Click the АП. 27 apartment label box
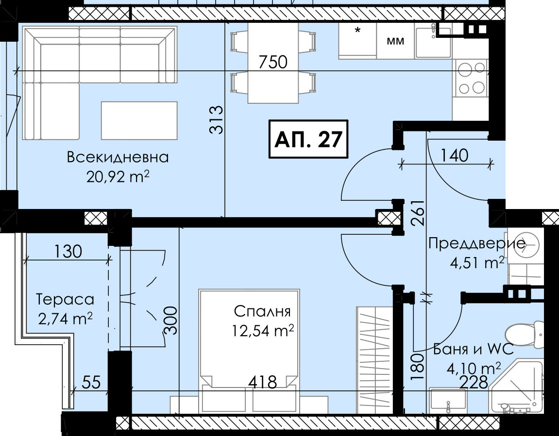[x=308, y=139]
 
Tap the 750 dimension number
[x=273, y=62]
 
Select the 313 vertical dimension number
[x=217, y=120]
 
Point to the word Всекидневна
[x=118, y=157]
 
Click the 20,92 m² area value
[x=118, y=177]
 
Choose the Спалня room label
[x=262, y=311]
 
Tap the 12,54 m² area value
[x=263, y=331]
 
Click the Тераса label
[x=65, y=299]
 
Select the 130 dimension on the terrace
[x=68, y=251]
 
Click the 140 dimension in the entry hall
[x=455, y=156]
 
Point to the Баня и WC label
[x=474, y=349]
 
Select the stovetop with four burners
[x=471, y=78]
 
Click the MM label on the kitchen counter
[x=396, y=41]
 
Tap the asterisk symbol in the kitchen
[x=357, y=30]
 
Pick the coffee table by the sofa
[x=139, y=121]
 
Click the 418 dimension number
[x=263, y=383]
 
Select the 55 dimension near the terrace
[x=92, y=383]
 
